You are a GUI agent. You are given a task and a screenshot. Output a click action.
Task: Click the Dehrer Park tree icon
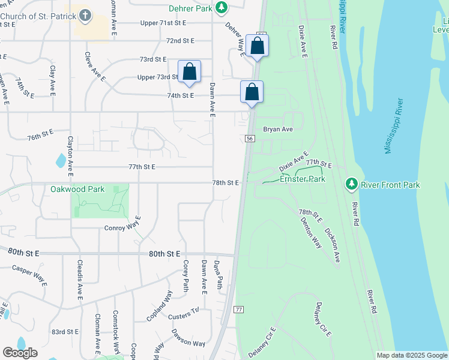pos(222,7)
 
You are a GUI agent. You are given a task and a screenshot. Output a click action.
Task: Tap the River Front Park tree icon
pos(352,184)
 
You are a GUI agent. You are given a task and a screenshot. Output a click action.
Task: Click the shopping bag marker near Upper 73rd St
pos(189,72)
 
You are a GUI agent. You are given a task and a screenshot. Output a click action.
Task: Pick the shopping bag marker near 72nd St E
pos(257,46)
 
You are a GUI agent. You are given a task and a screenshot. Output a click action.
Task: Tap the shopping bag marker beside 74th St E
pos(252,92)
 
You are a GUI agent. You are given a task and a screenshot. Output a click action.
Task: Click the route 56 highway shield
pos(250,139)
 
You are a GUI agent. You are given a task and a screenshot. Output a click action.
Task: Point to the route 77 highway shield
pos(238,309)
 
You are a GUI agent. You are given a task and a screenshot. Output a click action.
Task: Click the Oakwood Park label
pos(77,189)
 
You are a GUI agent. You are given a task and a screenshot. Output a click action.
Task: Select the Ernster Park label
pos(303,179)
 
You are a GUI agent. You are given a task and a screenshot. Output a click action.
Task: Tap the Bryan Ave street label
pos(278,129)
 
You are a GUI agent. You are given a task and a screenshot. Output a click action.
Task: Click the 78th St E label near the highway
pos(226,182)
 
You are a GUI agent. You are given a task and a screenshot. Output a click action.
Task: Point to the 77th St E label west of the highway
pos(141,166)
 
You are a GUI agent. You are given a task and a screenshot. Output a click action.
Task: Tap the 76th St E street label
pos(40,134)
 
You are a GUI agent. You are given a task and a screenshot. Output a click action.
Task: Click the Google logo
pos(20,353)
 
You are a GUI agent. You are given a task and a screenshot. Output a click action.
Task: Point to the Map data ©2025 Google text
pos(411,355)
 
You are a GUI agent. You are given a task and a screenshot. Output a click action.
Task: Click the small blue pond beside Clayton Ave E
pos(61,160)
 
